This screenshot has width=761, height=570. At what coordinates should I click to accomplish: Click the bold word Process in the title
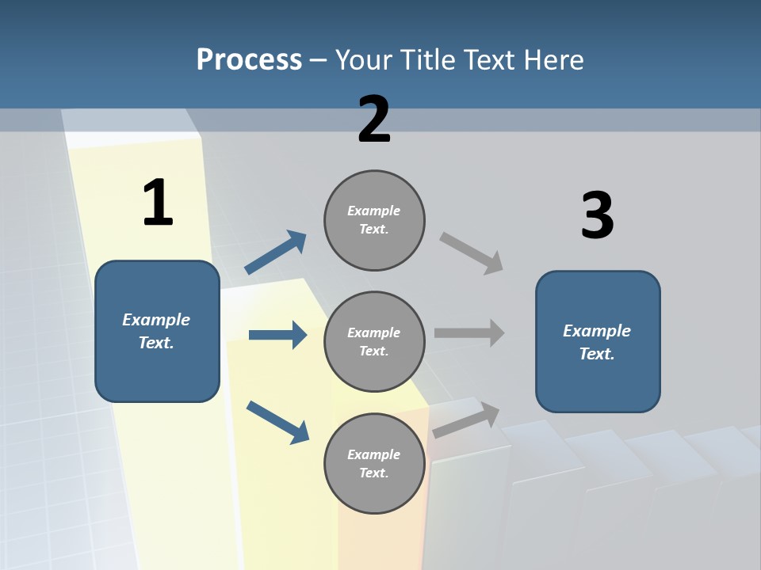click(249, 60)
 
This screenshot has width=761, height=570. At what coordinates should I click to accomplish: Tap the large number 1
click(158, 203)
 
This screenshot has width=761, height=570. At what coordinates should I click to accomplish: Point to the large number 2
click(374, 120)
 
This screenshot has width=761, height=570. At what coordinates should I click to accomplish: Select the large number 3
click(597, 215)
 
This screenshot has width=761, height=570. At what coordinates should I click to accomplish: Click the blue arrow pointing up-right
click(276, 253)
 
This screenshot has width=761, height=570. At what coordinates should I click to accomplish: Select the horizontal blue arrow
click(277, 335)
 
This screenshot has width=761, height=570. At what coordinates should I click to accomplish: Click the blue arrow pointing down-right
click(277, 422)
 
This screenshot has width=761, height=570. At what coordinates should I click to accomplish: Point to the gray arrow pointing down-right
click(472, 253)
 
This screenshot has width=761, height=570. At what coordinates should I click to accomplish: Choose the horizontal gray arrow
click(469, 332)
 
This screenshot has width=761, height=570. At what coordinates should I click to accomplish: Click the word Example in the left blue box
click(156, 320)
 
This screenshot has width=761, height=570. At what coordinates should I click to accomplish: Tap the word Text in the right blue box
click(596, 354)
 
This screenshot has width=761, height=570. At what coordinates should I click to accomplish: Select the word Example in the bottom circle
click(374, 454)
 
